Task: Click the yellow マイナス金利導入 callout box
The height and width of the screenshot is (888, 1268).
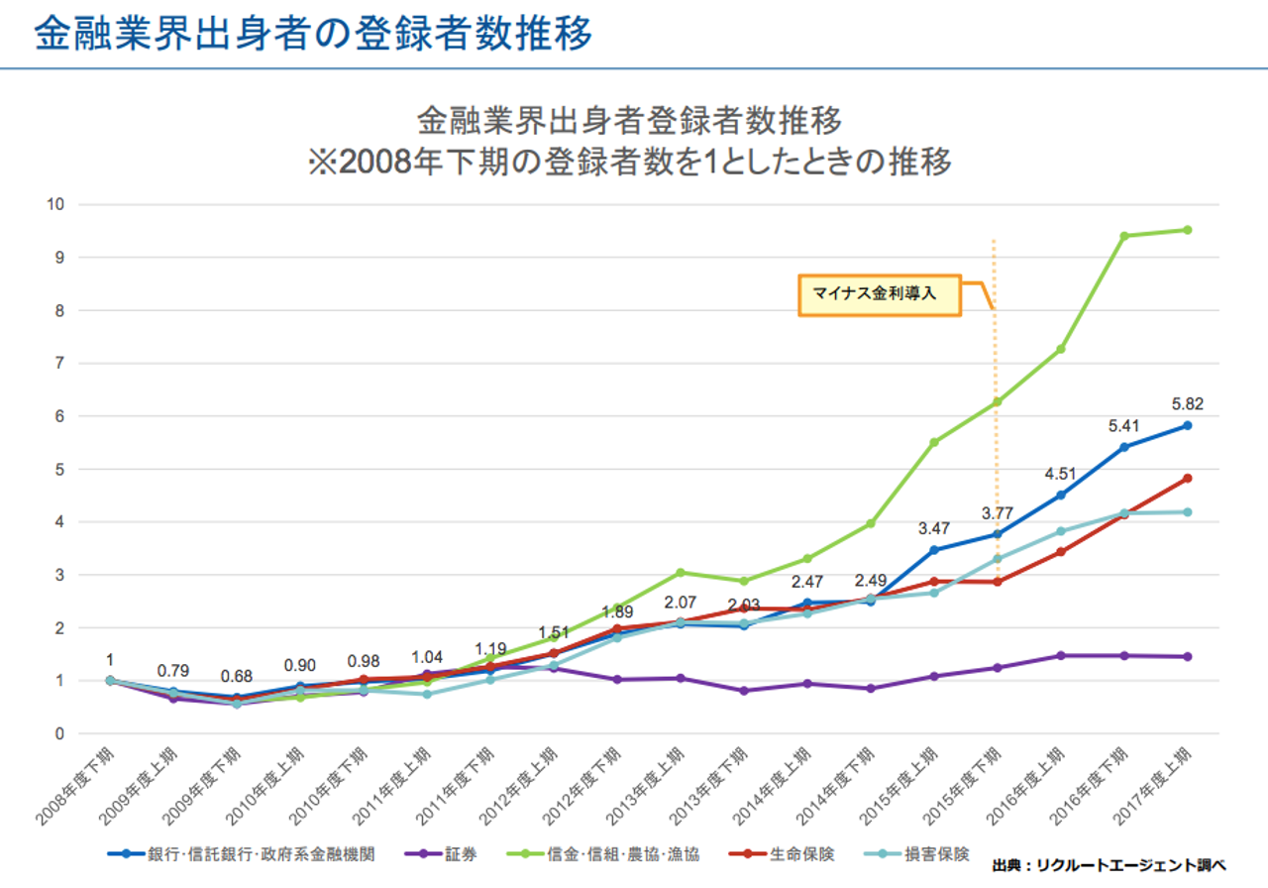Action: pos(879,294)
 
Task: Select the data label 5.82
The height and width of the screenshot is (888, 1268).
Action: pos(1186,404)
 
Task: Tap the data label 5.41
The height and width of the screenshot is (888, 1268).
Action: pos(1123,426)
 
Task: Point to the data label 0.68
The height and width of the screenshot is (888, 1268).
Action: pos(235,676)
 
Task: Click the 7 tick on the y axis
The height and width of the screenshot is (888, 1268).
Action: pos(59,363)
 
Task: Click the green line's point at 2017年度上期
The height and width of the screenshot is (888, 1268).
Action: pos(1186,230)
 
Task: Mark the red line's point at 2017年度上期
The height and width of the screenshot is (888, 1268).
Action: pos(1186,478)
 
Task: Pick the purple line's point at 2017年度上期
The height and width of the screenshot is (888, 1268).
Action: pos(1186,656)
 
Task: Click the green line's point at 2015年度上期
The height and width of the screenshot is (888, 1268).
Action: pos(933,442)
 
